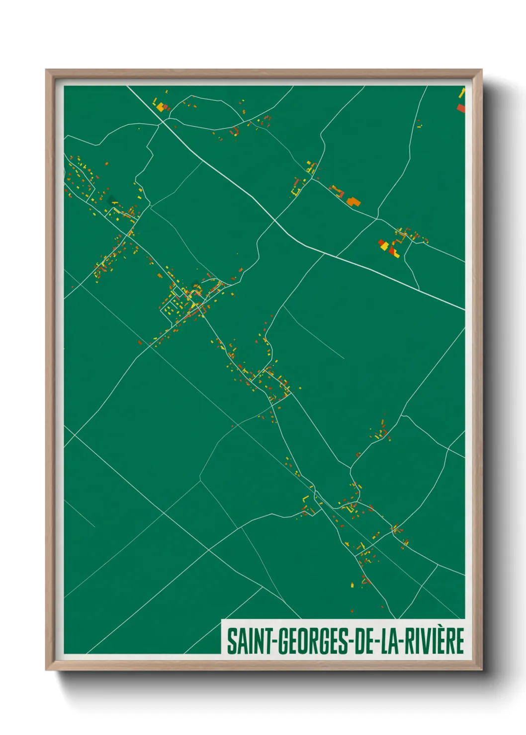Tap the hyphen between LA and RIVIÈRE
click(x=402, y=642)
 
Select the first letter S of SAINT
click(x=232, y=641)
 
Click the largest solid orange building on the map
click(x=353, y=201)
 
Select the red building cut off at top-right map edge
click(x=461, y=108)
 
